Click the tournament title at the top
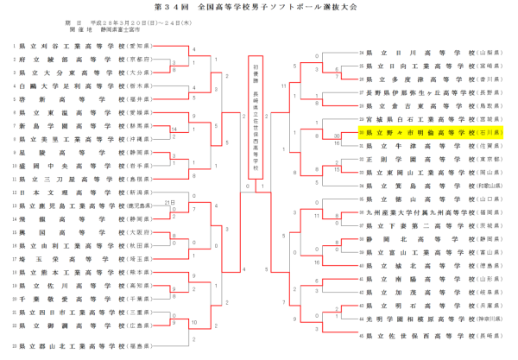259,8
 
